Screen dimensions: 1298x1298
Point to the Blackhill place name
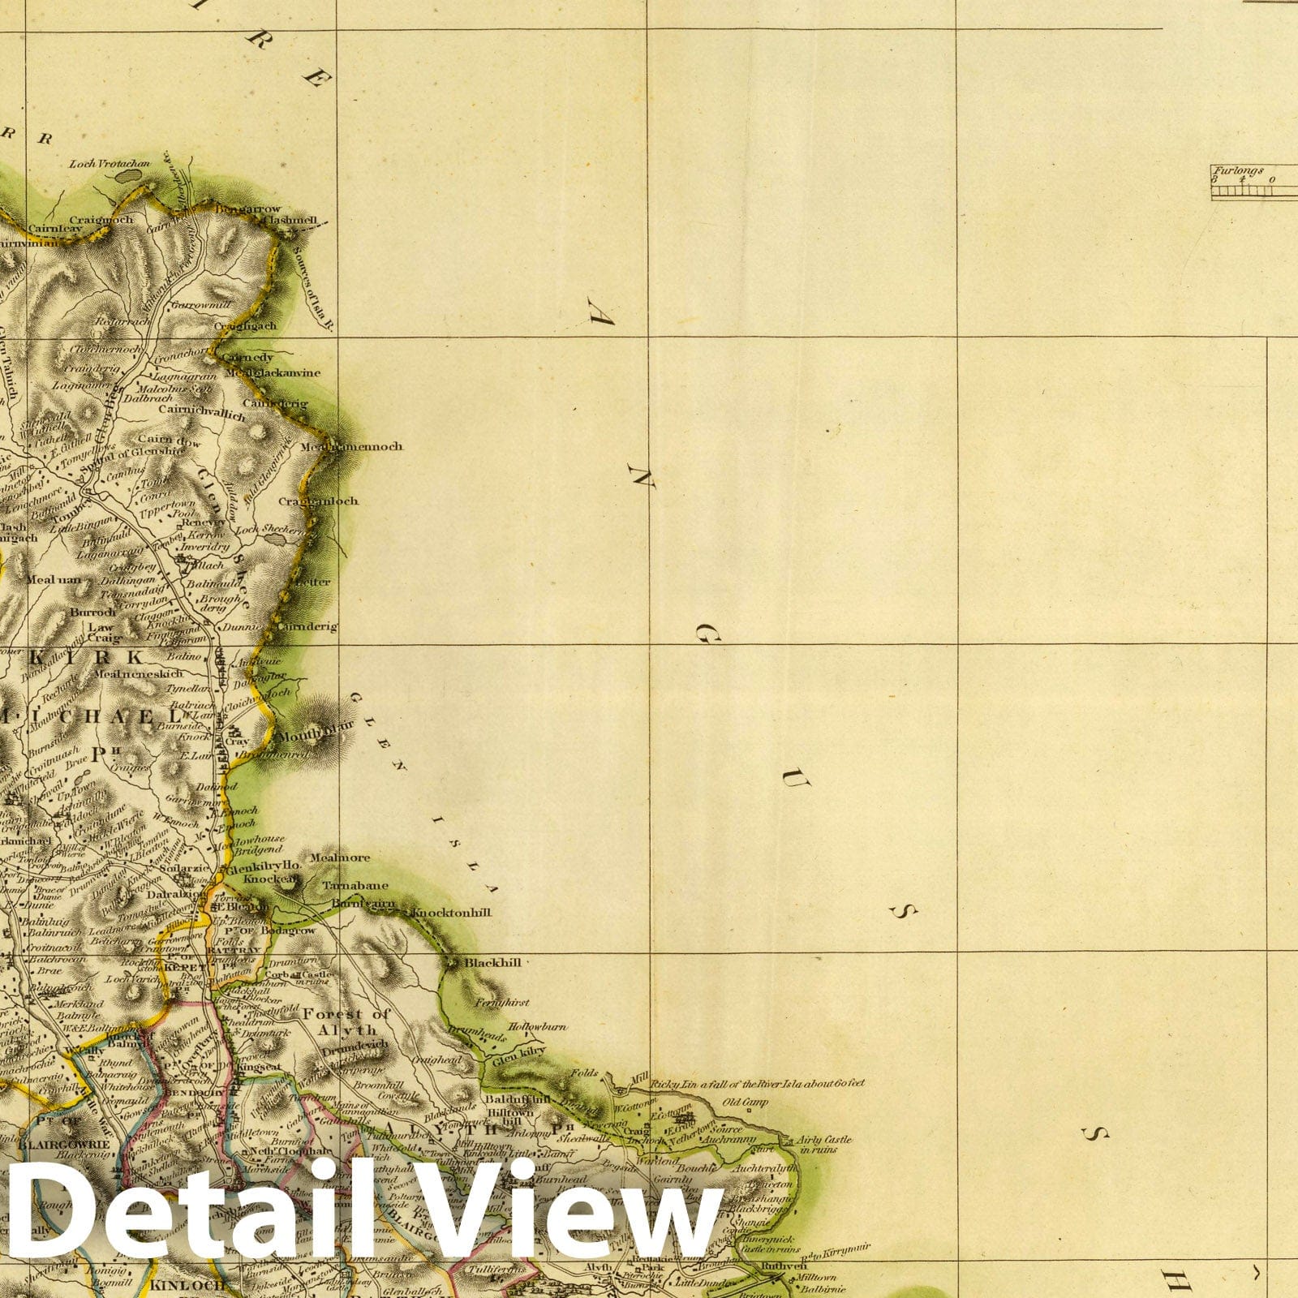click(492, 962)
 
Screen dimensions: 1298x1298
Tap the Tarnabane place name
click(355, 885)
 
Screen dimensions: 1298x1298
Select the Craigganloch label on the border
click(318, 501)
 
